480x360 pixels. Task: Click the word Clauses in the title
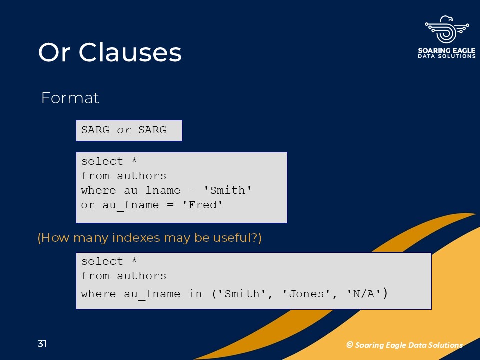[130, 52]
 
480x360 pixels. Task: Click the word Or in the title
[54, 52]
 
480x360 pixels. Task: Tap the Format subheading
[70, 98]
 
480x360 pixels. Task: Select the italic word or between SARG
[124, 130]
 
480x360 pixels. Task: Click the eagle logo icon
[447, 29]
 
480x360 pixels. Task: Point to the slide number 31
[42, 344]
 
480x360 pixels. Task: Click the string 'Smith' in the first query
[228, 190]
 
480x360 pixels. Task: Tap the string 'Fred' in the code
[202, 205]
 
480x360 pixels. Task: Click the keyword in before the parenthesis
[195, 294]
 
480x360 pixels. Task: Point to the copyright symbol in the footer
[349, 345]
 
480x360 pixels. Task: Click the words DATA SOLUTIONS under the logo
[447, 56]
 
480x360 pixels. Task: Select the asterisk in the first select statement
[134, 160]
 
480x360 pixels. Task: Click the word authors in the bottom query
[141, 276]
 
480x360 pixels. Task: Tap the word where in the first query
[98, 190]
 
